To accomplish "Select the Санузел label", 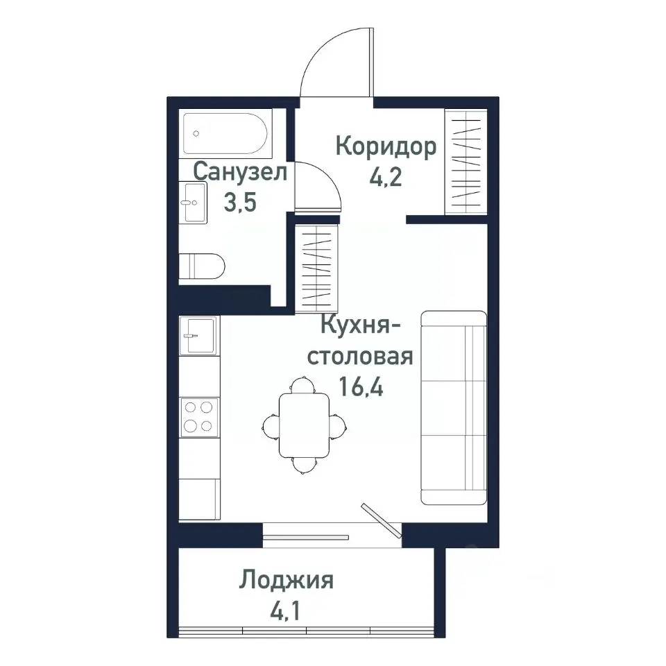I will point(240,172).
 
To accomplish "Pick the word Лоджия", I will point(287,580).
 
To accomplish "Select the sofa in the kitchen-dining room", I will point(454,407).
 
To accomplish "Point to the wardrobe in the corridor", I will point(465,163).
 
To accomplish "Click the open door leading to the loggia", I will point(381,520).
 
